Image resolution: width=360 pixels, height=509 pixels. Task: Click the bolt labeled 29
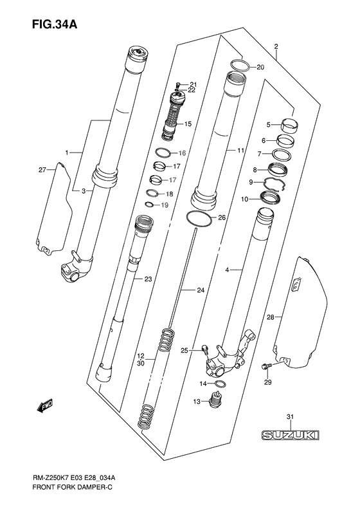(265, 367)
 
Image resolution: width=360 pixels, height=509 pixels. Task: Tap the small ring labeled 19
(149, 205)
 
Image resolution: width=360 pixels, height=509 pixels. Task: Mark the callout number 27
(43, 170)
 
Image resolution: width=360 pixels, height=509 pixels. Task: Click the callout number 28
(270, 317)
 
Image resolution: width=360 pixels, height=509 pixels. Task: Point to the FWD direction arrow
(44, 406)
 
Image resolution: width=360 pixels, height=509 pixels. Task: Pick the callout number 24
(200, 291)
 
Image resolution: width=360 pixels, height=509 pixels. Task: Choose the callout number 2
(275, 46)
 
